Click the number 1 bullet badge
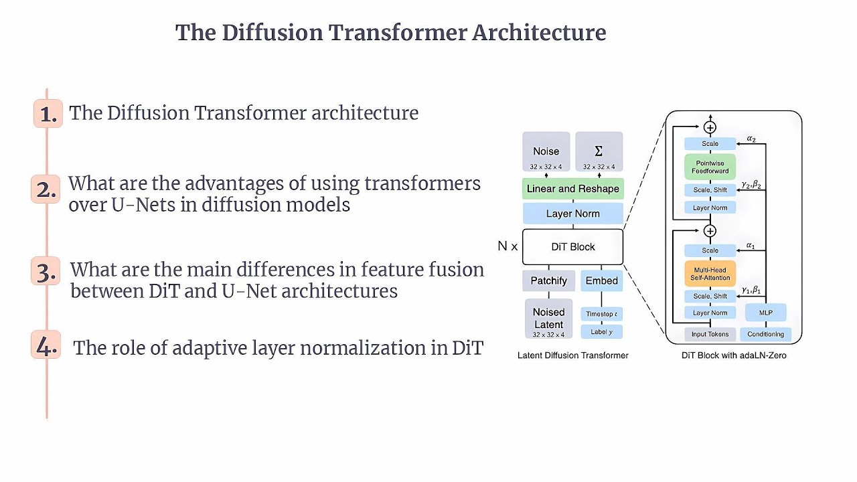(x=48, y=114)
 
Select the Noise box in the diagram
(x=546, y=152)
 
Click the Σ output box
(x=599, y=152)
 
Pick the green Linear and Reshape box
(x=572, y=189)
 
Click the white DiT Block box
(x=572, y=247)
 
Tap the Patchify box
(x=548, y=281)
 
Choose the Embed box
(x=601, y=281)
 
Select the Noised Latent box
(x=548, y=319)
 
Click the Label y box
(x=601, y=331)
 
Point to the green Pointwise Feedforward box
(x=710, y=167)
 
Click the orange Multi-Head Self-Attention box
(x=710, y=273)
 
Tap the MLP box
(x=765, y=313)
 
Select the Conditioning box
(x=765, y=334)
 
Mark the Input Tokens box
(x=710, y=334)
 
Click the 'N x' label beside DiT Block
(x=508, y=246)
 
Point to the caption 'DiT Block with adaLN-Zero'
(x=734, y=355)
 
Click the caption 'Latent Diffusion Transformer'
(x=572, y=355)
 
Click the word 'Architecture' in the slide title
(x=539, y=32)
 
